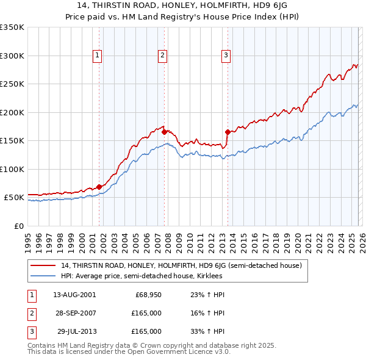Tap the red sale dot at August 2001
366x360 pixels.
pos(99,187)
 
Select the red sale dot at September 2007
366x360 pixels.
pos(165,132)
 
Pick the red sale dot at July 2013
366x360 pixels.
pos(228,132)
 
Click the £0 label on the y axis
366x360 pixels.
pos(18,226)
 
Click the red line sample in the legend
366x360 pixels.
pos(44,266)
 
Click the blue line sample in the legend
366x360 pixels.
pos(44,276)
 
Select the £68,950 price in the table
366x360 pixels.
pos(148,295)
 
